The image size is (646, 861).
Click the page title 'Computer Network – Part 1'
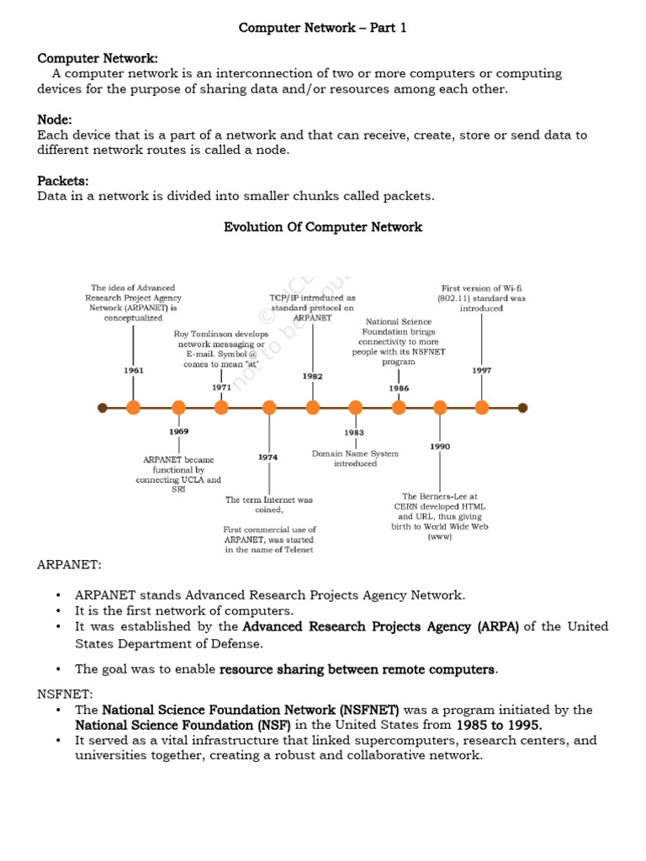(322, 28)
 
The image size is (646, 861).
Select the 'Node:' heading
(55, 120)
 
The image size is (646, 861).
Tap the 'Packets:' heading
(63, 181)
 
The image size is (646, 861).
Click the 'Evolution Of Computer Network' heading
(323, 227)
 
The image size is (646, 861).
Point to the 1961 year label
(133, 370)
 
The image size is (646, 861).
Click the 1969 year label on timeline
(178, 431)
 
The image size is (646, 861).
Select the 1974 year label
(268, 457)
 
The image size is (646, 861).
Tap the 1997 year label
(482, 370)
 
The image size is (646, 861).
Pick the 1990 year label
(440, 446)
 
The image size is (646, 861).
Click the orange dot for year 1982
(313, 408)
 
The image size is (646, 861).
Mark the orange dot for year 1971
(221, 408)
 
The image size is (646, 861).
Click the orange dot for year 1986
(399, 408)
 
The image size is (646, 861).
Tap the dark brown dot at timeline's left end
(103, 408)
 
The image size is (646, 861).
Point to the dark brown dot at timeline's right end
(522, 408)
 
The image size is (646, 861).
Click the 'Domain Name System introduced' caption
(355, 458)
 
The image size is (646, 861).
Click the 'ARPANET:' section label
(70, 564)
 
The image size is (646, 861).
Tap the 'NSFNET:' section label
(66, 694)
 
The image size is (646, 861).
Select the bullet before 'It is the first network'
(59, 610)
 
